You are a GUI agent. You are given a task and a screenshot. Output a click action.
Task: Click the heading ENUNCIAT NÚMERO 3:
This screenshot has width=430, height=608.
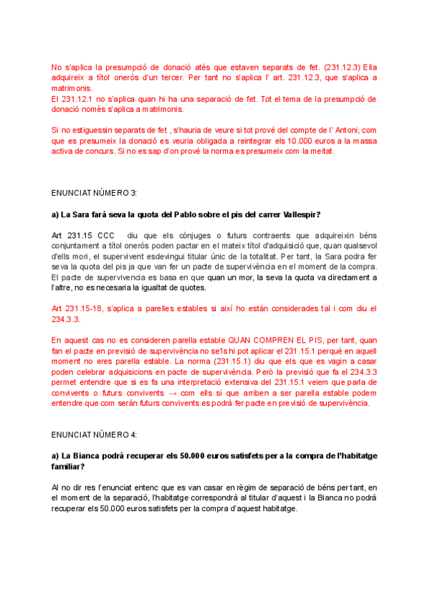93,194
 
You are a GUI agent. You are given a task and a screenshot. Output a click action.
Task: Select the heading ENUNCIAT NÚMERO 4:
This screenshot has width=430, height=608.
93,434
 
